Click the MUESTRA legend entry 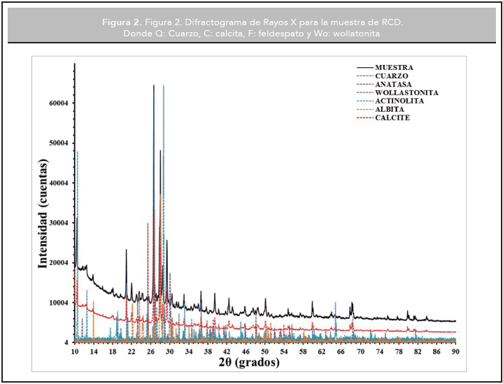click(394, 67)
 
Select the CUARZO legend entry click(392, 76)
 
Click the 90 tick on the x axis click(455, 351)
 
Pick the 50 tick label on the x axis click(264, 351)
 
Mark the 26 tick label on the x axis click(150, 351)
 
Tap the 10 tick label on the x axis click(74, 351)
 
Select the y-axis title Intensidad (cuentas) click(43, 213)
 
